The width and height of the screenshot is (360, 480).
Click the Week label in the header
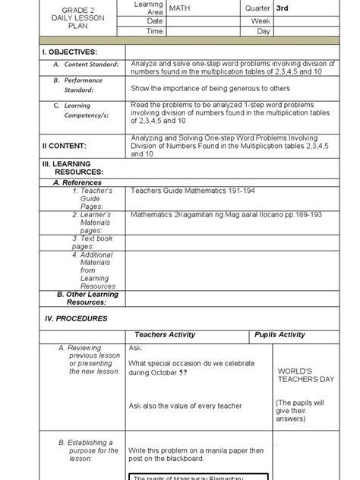point(261,21)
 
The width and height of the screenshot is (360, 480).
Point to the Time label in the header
point(154,32)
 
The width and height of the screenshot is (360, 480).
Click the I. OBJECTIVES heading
point(70,52)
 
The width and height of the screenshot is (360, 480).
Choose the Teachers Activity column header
point(165,334)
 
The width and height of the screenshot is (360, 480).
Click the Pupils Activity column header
point(280,334)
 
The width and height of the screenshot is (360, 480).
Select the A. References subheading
point(77,183)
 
